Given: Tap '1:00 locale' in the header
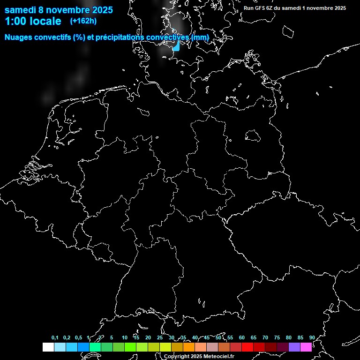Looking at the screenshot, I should (x=33, y=21).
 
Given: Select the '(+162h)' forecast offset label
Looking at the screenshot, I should (x=83, y=21).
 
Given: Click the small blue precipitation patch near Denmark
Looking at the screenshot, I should (x=176, y=46).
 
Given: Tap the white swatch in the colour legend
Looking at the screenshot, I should (x=48, y=347).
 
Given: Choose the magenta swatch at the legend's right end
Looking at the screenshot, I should (x=306, y=347).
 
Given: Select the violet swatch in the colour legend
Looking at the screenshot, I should (x=294, y=347).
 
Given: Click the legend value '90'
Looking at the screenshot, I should (x=312, y=337).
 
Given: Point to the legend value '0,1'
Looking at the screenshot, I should (x=55, y=337).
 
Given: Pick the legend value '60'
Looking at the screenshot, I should (x=241, y=337).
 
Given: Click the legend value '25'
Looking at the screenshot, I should (x=159, y=337).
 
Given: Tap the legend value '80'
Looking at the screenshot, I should (x=288, y=337).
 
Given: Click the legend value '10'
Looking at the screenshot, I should (x=124, y=337).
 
